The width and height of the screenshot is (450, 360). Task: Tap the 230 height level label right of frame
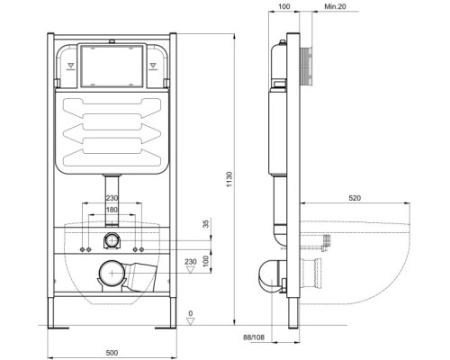(x=191, y=262)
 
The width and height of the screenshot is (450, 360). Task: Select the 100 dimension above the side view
(x=285, y=8)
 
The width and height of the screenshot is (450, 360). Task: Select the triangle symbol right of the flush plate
(x=152, y=65)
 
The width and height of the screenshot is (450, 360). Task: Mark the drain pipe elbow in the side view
(x=270, y=274)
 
